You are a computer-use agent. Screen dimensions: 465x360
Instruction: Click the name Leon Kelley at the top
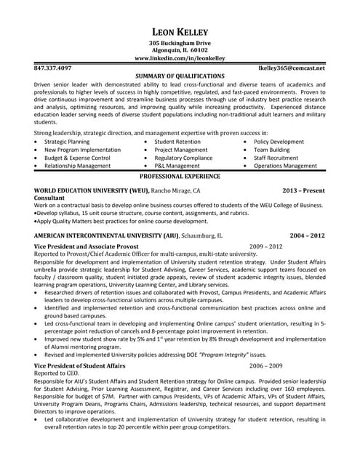[180, 31]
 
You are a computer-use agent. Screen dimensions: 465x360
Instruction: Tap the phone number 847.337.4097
[53, 68]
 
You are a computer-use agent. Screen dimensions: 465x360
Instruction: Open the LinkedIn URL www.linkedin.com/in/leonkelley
[180, 58]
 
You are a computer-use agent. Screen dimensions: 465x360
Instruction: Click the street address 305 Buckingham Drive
[180, 43]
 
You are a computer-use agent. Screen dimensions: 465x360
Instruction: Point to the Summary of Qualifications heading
[180, 76]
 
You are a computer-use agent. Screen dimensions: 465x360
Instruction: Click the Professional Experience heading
[180, 176]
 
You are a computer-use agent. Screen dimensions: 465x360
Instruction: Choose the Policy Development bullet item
[279, 142]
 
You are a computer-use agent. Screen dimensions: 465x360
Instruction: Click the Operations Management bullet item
[285, 166]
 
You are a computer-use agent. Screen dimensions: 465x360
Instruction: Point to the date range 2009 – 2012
[266, 246]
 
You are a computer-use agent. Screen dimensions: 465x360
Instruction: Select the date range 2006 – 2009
[266, 365]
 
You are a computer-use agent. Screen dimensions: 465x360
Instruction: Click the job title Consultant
[49, 198]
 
